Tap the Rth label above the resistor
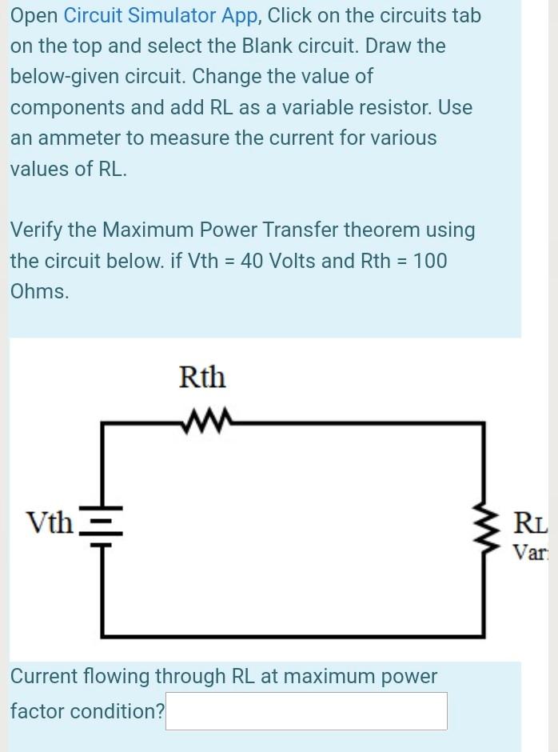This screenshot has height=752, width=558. [202, 376]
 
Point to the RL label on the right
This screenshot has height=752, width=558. [530, 526]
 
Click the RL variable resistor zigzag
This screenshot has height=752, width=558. [484, 526]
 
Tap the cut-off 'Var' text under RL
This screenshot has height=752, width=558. [529, 551]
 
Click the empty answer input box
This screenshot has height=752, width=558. [305, 711]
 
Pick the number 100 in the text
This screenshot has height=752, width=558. [431, 261]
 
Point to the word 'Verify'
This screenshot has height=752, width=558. [37, 230]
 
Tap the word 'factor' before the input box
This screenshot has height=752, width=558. [37, 710]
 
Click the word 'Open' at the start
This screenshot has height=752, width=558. [34, 15]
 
